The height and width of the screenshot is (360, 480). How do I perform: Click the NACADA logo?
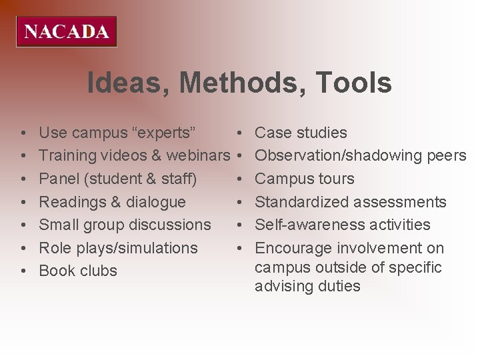pos(67,31)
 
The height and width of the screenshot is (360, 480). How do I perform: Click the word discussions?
pos(171,225)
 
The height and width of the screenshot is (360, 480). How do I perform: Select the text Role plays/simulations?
pos(118,248)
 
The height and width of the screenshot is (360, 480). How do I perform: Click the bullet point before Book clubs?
pos(23,271)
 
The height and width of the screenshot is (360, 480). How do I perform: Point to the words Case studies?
pos(301,133)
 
